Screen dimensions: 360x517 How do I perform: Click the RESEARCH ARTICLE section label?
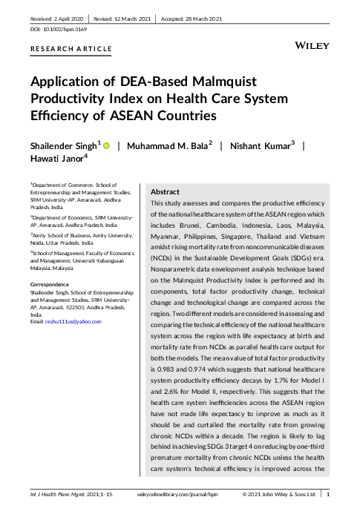click(71, 49)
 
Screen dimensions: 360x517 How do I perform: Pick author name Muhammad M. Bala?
click(168, 145)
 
